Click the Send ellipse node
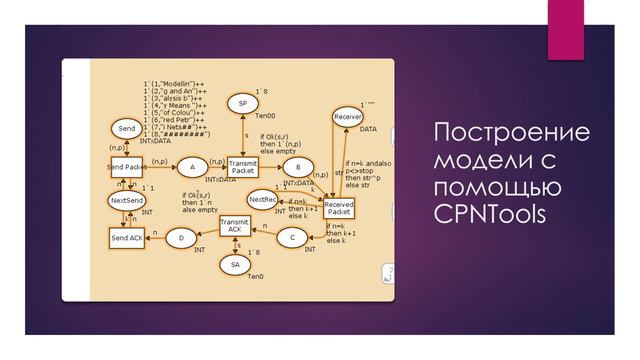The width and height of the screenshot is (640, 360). tap(126, 129)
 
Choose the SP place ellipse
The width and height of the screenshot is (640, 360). tap(242, 103)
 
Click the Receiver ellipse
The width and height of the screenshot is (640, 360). tap(347, 117)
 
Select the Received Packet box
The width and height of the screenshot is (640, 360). tap(339, 208)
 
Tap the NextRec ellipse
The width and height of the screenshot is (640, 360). tap(262, 199)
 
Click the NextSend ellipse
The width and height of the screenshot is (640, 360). tap(126, 201)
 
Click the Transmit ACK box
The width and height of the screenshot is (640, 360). tap(234, 227)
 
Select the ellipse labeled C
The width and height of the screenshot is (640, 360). tap(291, 237)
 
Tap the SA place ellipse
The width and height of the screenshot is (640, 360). tap(234, 264)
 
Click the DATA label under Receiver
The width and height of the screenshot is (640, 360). tap(368, 129)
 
